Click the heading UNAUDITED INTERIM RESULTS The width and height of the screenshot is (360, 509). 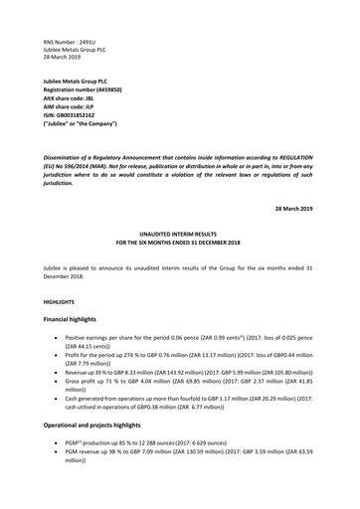(x=179, y=235)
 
